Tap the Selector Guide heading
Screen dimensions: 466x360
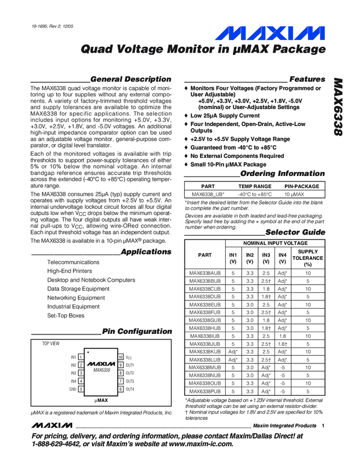click(295, 232)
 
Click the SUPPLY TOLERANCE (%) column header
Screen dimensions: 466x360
click(307, 258)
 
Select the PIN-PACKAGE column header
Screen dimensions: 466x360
click(301, 186)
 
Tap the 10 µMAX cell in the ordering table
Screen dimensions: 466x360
click(301, 195)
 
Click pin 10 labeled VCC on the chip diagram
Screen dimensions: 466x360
click(128, 357)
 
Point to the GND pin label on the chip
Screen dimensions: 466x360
click(72, 389)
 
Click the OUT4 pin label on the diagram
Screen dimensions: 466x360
click(130, 389)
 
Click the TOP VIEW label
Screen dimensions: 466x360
click(51, 343)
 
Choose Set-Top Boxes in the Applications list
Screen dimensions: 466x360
click(66, 316)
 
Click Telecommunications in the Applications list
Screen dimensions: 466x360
click(73, 262)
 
